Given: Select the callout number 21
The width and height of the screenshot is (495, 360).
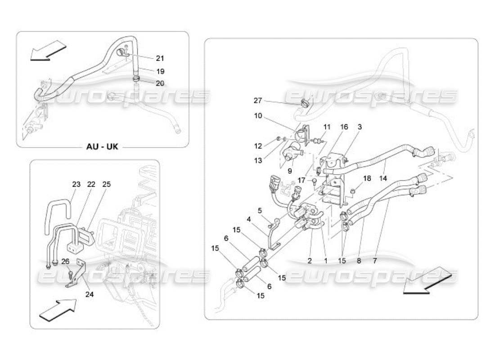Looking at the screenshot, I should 160,58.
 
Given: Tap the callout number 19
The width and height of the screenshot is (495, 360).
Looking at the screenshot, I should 160,71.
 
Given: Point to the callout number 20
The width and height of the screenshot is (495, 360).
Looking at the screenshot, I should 160,83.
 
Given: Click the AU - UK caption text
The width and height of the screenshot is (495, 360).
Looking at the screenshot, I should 102,147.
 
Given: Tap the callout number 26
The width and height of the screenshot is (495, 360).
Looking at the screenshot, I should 66,261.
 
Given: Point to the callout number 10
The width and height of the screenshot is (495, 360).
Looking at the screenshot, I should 257,116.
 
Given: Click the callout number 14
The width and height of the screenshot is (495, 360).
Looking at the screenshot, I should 382,178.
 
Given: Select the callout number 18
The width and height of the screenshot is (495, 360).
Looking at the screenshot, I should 367,178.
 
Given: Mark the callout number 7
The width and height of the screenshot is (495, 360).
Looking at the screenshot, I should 375,261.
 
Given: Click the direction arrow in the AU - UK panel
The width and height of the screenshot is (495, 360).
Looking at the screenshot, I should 49,49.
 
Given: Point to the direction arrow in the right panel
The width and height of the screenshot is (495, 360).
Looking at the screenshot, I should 427,280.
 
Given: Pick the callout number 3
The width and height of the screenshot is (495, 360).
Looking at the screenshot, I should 360,127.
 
